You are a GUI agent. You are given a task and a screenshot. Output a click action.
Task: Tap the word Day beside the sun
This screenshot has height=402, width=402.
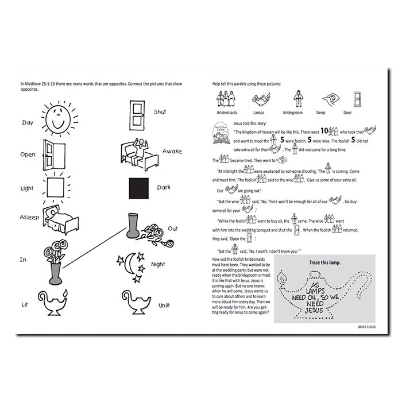[28, 122]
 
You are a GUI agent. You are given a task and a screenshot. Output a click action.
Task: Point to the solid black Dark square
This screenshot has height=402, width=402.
[140, 188]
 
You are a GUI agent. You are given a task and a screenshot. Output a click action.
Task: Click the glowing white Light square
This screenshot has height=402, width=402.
[56, 187]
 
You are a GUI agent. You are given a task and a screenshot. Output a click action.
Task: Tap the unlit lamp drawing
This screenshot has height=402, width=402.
[136, 303]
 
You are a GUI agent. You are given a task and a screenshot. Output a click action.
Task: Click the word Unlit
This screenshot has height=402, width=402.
[164, 306]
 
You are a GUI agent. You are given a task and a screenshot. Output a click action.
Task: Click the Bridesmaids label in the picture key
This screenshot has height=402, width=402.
[227, 113]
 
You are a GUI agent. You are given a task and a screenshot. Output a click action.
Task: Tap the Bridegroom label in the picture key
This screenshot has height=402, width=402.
[297, 113]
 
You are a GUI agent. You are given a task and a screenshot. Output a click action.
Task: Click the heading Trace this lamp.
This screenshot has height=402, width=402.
[324, 262]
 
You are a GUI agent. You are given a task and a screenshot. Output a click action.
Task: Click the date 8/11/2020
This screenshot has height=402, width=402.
[368, 326]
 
